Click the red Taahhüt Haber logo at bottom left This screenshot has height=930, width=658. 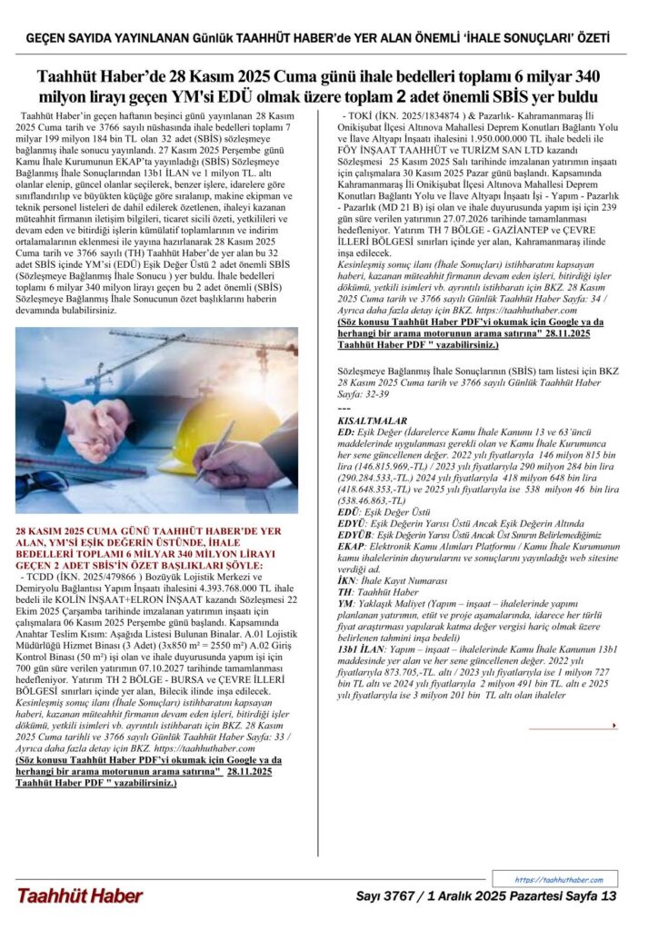(79, 896)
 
